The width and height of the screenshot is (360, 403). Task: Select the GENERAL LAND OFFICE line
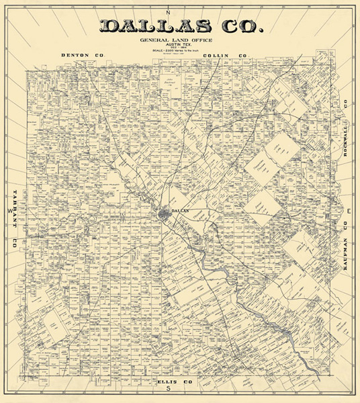click(x=180, y=40)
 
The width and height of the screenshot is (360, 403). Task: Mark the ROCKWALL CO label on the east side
click(x=346, y=127)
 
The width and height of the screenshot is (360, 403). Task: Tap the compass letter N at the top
click(x=170, y=13)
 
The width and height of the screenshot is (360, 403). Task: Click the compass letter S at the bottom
click(x=170, y=389)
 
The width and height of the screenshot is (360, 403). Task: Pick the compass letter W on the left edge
click(x=9, y=210)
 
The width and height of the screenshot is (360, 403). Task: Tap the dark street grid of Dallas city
click(x=165, y=215)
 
